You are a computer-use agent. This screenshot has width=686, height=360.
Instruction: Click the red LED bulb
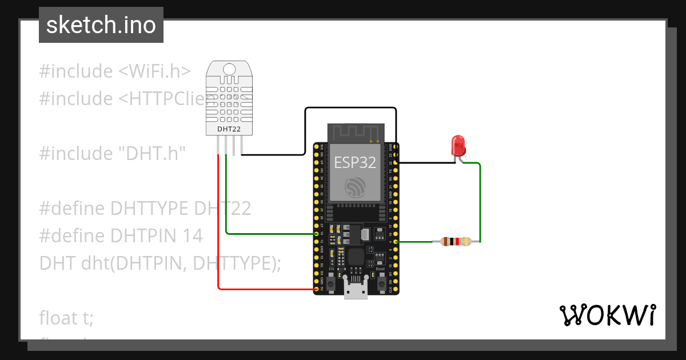click(458, 146)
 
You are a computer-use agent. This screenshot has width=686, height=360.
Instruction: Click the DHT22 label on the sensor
click(229, 129)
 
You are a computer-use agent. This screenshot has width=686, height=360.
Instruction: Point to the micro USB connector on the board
click(356, 289)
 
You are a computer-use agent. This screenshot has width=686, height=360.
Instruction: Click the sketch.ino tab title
click(101, 25)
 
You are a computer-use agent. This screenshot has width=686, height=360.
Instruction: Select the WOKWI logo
click(607, 314)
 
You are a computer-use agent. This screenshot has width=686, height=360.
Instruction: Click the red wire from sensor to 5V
click(218, 229)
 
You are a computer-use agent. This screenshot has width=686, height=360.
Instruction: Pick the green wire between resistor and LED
click(480, 200)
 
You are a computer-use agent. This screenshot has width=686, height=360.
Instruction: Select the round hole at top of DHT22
click(229, 70)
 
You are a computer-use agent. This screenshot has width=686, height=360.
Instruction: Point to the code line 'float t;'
click(66, 317)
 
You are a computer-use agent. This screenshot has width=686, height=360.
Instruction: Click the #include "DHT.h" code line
click(113, 153)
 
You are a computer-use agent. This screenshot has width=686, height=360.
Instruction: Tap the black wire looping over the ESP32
click(350, 107)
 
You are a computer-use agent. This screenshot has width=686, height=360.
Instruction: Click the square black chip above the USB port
click(355, 256)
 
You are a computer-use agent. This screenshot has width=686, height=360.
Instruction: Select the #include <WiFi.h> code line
click(114, 71)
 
